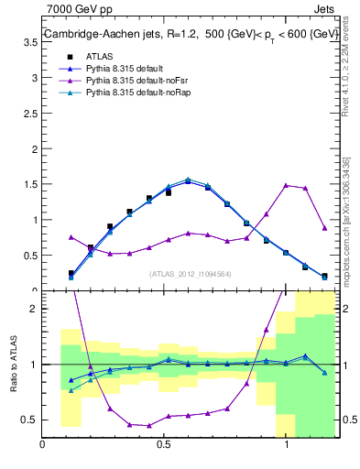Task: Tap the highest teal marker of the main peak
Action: coord(188,180)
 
